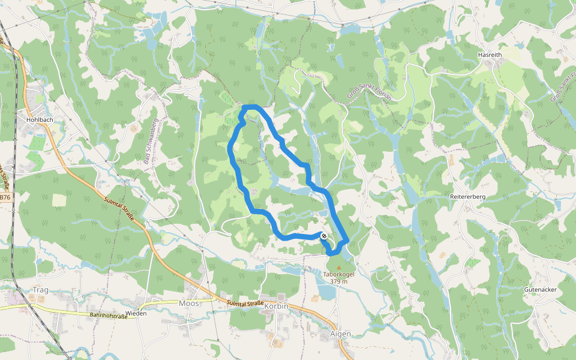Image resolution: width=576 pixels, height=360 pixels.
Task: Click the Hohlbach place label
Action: [41, 119]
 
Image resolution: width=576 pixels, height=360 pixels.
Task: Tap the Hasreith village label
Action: [490, 55]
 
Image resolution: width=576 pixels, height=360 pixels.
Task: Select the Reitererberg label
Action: [467, 197]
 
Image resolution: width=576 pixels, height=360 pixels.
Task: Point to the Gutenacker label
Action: [540, 289]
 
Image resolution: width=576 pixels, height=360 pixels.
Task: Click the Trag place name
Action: [40, 290]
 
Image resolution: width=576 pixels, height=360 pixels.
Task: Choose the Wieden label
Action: [136, 314]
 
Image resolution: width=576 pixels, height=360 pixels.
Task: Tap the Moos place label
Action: [188, 304]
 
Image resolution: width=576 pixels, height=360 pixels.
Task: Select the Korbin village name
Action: [277, 306]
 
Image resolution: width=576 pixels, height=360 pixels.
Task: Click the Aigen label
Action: [340, 334]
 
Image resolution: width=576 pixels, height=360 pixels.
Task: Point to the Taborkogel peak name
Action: [339, 274]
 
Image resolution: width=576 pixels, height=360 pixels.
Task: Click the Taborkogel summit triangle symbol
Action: [339, 268]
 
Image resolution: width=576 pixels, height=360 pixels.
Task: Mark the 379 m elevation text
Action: [339, 281]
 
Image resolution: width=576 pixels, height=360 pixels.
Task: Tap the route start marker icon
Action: [324, 236]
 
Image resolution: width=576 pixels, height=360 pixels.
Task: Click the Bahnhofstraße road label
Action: [108, 316]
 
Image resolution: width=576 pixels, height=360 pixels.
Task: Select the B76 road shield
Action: [5, 197]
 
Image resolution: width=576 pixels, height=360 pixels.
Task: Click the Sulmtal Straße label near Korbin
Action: [245, 304]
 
